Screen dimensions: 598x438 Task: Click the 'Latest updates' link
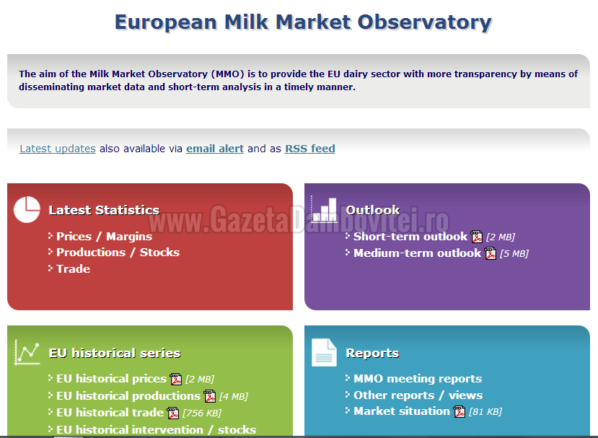(x=58, y=149)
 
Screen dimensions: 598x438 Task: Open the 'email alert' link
(x=215, y=149)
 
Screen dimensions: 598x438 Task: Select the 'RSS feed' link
(x=310, y=149)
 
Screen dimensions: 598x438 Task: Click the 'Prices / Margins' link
(x=104, y=237)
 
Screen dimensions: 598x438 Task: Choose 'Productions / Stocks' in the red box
(x=118, y=253)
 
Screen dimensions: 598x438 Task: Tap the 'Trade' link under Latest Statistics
(x=74, y=269)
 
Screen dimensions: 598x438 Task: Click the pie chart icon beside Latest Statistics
(x=27, y=209)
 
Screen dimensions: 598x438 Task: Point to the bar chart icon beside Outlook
(x=324, y=209)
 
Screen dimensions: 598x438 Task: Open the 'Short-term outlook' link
(x=410, y=237)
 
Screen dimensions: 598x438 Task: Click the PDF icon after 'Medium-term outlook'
(x=491, y=253)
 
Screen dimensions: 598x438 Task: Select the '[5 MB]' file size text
(x=514, y=253)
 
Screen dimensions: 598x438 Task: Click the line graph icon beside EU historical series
(x=27, y=352)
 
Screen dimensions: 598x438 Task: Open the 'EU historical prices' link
(x=111, y=379)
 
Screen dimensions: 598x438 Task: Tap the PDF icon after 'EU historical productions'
(x=210, y=396)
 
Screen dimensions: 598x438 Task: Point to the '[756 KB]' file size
(x=202, y=413)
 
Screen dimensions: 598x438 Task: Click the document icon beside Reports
(x=324, y=353)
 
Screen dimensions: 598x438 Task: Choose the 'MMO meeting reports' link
(x=418, y=379)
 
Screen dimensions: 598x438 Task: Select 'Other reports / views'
(x=418, y=395)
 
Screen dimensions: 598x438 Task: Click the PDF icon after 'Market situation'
(x=460, y=412)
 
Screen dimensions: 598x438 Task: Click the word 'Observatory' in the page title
(x=424, y=22)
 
